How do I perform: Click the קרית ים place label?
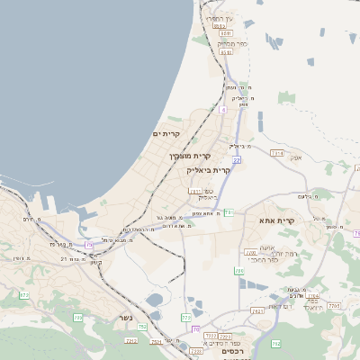point(166,135)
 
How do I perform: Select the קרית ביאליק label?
point(209,169)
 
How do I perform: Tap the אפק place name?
point(294,158)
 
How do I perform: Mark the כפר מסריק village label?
point(229,43)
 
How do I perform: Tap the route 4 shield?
point(222,109)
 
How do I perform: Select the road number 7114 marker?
point(276,153)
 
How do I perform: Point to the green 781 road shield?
point(229,212)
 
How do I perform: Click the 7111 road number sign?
point(194,191)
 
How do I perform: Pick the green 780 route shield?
point(239,270)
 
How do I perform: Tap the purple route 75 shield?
point(89,244)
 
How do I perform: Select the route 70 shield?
point(195,329)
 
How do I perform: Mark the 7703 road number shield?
point(312,295)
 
